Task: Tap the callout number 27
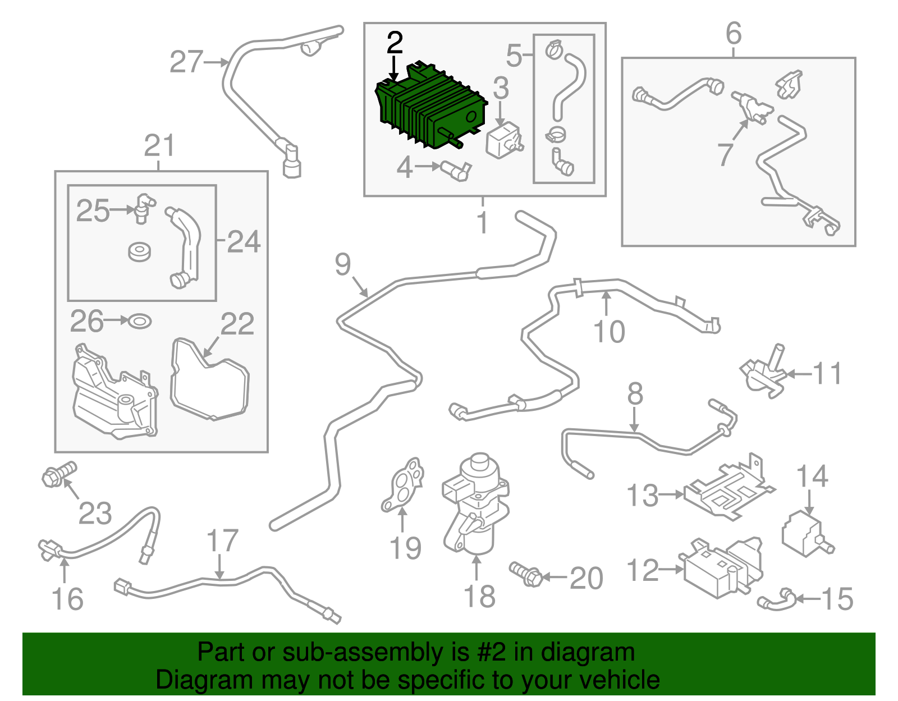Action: click(x=186, y=62)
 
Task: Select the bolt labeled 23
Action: click(x=59, y=474)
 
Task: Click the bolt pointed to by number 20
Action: click(x=526, y=574)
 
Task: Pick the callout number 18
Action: click(x=479, y=596)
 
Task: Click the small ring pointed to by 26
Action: click(x=140, y=321)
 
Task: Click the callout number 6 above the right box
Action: click(x=734, y=33)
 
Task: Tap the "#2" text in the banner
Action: click(x=490, y=652)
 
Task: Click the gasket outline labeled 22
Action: click(x=210, y=379)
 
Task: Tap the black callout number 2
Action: click(x=394, y=43)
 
